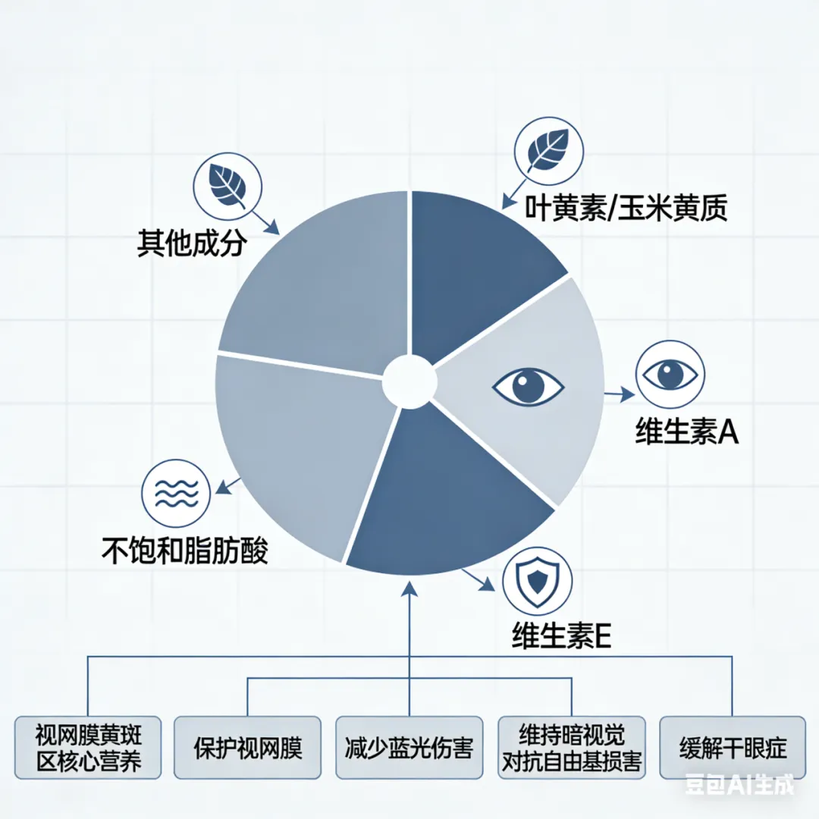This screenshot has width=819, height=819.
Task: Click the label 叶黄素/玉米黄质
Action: pyautogui.click(x=626, y=208)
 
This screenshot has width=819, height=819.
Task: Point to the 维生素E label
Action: pyautogui.click(x=561, y=635)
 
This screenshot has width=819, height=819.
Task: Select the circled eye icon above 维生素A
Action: pyautogui.click(x=670, y=375)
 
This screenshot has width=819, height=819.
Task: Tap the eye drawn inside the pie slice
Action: pyautogui.click(x=528, y=386)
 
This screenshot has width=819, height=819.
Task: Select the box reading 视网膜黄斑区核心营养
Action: pyautogui.click(x=88, y=747)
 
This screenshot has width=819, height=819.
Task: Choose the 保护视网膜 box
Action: pyautogui.click(x=248, y=747)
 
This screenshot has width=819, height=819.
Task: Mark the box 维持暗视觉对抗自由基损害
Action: pyautogui.click(x=571, y=747)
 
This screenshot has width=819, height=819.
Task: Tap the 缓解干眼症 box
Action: pyautogui.click(x=732, y=747)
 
